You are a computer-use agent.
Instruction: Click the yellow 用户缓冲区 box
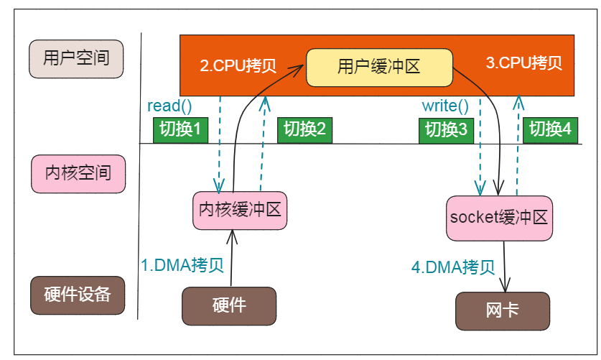(378, 68)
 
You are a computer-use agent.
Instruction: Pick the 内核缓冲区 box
(239, 211)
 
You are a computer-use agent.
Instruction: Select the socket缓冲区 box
(499, 218)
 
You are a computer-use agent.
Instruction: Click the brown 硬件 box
(229, 305)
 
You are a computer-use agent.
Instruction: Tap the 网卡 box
(502, 310)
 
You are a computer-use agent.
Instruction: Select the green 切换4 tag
(550, 129)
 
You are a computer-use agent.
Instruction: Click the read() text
(169, 106)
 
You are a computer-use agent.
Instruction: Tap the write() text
(444, 106)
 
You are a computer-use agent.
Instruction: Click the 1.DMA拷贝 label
(182, 264)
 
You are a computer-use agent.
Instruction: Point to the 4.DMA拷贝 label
(453, 267)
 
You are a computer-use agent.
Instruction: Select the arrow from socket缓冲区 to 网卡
(508, 266)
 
